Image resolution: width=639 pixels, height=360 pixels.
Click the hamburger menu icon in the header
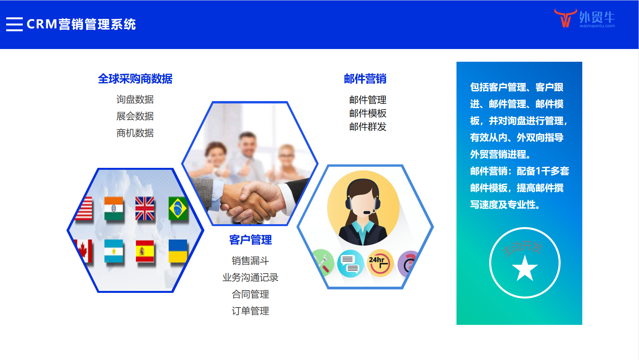14,24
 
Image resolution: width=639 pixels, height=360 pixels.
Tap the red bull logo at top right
565,18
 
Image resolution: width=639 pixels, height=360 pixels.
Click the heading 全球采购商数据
135,79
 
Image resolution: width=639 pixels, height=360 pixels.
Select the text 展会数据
135,116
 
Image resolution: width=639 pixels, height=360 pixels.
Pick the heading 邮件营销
365,79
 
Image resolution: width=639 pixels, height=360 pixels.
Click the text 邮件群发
368,127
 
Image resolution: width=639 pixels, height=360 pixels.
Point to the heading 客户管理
250,240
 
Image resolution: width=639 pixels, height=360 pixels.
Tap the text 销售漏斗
250,261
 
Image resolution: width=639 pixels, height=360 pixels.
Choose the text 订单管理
250,311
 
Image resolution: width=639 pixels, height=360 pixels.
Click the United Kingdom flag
145,208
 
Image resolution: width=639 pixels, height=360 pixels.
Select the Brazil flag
178,208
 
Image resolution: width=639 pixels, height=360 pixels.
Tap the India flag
114,208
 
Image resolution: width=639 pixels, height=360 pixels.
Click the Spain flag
145,251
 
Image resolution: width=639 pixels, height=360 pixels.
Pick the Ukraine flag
178,251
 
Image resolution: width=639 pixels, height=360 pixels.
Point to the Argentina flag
114,251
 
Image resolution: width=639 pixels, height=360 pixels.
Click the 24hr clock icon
380,263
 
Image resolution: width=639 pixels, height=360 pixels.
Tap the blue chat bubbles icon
350,263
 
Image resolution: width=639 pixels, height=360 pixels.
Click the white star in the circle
525,268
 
